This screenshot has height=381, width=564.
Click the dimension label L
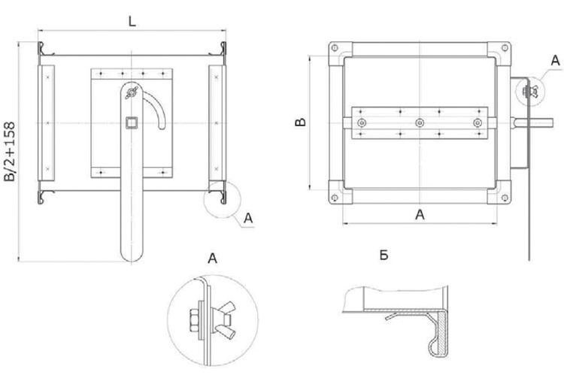point(132,22)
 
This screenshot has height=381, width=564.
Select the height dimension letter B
point(299,122)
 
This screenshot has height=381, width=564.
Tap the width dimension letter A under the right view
point(420,215)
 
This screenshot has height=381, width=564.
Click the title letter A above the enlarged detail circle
point(212,260)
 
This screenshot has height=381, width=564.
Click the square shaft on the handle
point(131,123)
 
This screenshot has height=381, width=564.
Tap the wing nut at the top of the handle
point(130,92)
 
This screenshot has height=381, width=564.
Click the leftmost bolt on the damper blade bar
point(362,122)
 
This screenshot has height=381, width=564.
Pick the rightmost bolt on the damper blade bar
point(476,122)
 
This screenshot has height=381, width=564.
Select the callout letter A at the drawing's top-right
point(554,59)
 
